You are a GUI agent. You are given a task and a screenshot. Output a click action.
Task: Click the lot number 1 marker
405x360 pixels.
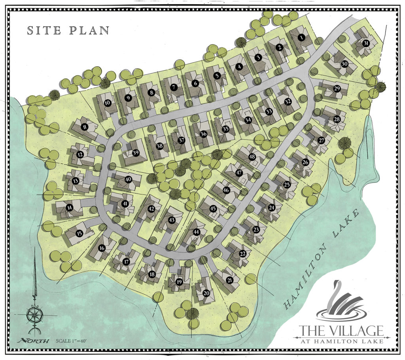(301, 38)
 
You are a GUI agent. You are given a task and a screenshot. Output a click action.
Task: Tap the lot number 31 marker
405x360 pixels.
(366, 43)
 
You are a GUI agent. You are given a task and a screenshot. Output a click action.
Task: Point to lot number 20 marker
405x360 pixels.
(206, 293)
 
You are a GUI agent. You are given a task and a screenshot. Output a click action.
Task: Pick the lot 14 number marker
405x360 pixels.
(69, 206)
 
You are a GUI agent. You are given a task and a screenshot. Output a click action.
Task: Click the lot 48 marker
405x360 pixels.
(252, 157)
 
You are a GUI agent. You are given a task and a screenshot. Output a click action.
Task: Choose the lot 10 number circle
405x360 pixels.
(107, 103)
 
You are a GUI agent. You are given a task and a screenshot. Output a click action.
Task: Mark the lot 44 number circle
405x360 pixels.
(196, 232)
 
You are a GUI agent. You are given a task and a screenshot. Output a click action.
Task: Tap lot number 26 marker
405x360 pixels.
(305, 162)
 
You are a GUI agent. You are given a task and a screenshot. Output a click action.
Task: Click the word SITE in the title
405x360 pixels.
(42, 30)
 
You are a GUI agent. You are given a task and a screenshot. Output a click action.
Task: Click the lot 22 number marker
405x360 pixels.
(243, 253)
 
